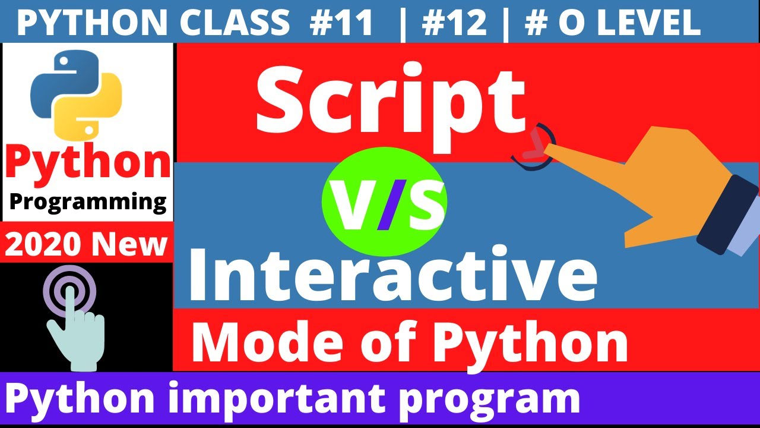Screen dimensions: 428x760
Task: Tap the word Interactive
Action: pyautogui.click(x=392, y=270)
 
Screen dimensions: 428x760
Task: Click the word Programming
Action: pyautogui.click(x=88, y=202)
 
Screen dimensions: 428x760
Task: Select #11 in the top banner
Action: pyautogui.click(x=341, y=23)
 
